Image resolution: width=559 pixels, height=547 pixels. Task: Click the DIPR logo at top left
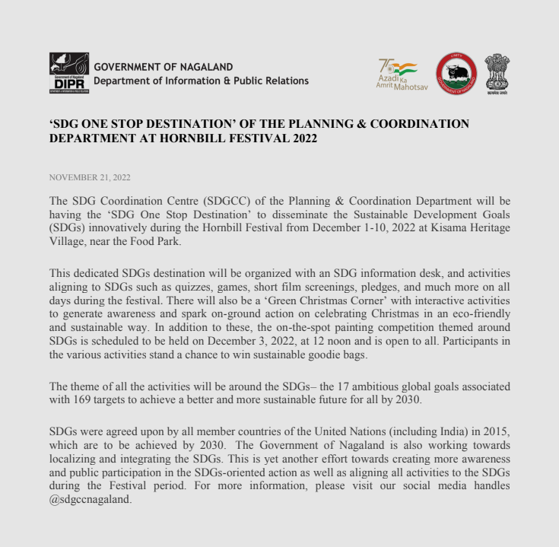(x=68, y=73)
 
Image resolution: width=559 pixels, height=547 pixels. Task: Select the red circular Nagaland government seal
(x=456, y=74)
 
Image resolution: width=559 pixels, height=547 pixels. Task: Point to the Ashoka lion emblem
(x=497, y=73)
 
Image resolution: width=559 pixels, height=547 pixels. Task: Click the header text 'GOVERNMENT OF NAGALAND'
(x=163, y=67)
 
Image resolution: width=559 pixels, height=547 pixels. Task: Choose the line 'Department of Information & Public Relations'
(x=201, y=81)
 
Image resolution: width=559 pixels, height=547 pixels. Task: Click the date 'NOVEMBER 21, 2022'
(x=90, y=178)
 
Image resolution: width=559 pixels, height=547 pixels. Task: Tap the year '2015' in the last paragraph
(x=497, y=431)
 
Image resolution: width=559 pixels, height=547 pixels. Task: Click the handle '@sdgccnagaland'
(x=90, y=500)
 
